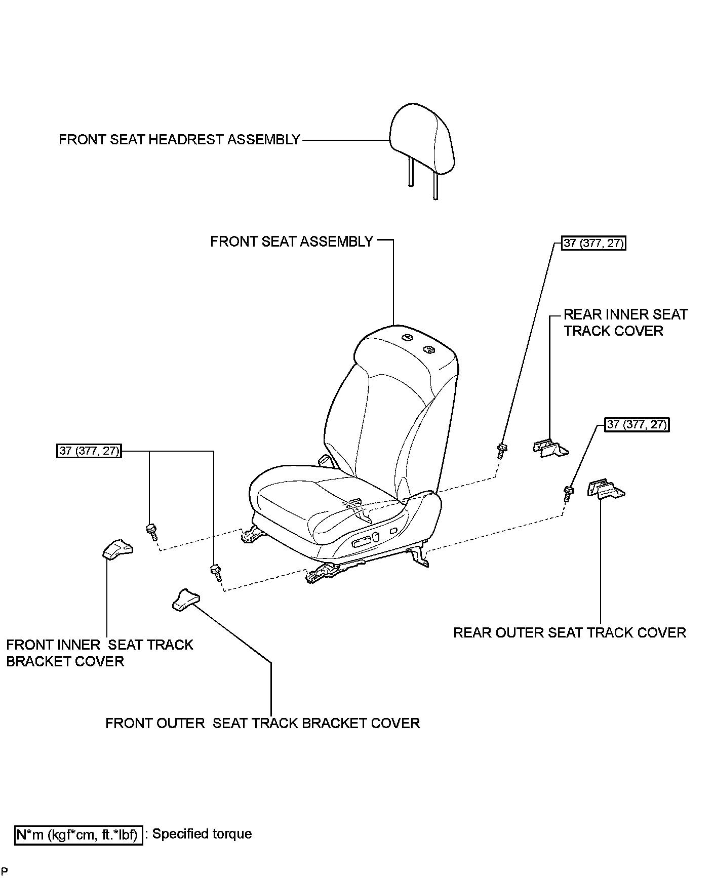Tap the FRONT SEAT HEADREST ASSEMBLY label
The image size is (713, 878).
[180, 140]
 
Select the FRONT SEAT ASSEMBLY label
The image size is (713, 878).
[292, 242]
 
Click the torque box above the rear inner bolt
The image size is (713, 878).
[593, 244]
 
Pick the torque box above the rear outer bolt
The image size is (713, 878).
[637, 424]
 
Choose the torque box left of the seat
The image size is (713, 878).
[89, 451]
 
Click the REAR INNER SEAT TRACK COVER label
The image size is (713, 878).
[626, 323]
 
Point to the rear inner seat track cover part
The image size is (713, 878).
[550, 448]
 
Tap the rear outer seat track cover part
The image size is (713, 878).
[606, 489]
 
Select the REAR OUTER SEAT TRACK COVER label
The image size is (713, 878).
[570, 633]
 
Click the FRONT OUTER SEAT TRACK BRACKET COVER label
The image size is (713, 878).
[263, 723]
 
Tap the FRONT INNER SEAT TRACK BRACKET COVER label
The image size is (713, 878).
[100, 653]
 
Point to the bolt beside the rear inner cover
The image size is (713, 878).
[502, 451]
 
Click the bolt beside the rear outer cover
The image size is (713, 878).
[568, 494]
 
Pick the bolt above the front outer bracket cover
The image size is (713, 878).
[216, 572]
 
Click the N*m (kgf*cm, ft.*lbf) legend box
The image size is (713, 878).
[78, 834]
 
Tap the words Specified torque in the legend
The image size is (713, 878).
[202, 834]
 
